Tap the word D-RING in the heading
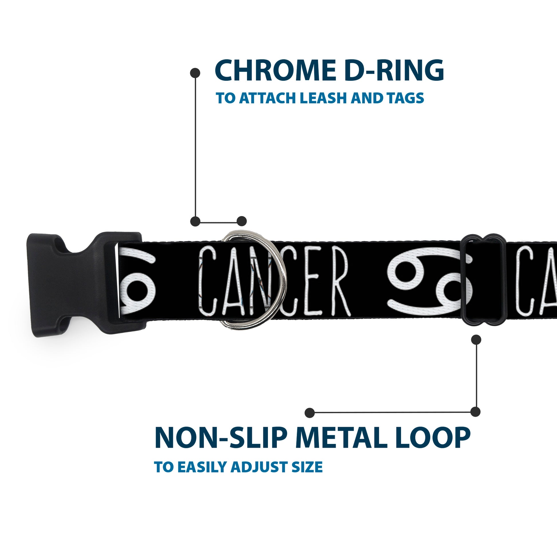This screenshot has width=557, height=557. pyautogui.click(x=394, y=70)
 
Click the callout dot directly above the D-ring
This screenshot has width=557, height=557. pyautogui.click(x=242, y=221)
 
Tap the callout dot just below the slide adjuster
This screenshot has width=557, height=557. pyautogui.click(x=476, y=340)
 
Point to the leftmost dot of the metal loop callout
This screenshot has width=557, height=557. pyautogui.click(x=309, y=413)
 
